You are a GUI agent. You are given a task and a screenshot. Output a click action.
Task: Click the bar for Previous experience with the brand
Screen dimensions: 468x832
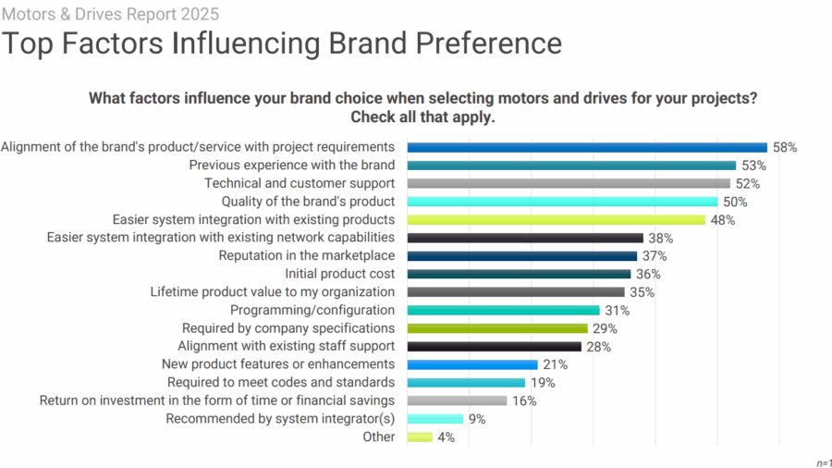[x=571, y=166]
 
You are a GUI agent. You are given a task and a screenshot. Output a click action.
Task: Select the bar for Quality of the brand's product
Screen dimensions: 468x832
[x=562, y=202]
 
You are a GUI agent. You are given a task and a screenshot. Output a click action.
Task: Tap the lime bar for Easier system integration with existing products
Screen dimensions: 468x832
[x=556, y=220]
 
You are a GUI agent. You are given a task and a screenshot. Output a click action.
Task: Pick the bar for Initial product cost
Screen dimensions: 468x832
[x=519, y=274]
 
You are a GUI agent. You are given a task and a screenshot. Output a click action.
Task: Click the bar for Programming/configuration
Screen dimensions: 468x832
[x=503, y=310]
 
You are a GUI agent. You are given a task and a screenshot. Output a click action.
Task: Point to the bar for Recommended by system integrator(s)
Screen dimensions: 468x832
[x=434, y=419]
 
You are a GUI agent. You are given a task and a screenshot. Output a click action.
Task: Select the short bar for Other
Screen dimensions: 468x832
[x=420, y=437]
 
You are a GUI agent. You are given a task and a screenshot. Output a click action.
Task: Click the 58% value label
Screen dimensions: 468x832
[x=785, y=147]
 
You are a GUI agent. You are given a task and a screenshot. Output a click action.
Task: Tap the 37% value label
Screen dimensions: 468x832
[x=655, y=256]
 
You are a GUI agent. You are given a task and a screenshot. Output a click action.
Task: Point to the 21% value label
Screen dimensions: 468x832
[x=555, y=364]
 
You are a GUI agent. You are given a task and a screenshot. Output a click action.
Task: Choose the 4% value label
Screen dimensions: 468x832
[x=446, y=437]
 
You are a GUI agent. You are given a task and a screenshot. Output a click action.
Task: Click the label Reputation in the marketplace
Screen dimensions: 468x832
[x=307, y=256]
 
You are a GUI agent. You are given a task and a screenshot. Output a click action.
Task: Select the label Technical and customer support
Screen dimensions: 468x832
[x=300, y=183]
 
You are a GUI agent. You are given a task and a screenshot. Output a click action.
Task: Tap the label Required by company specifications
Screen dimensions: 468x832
[x=288, y=328]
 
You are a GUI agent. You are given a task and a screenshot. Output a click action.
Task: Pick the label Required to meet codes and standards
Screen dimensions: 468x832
[x=281, y=382]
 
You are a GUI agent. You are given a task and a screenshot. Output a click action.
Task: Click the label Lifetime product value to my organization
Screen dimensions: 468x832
[x=273, y=292]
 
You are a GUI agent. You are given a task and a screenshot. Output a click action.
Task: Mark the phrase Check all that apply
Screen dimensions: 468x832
[x=422, y=117]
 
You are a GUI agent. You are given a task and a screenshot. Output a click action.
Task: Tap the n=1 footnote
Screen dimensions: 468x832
[x=823, y=462]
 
